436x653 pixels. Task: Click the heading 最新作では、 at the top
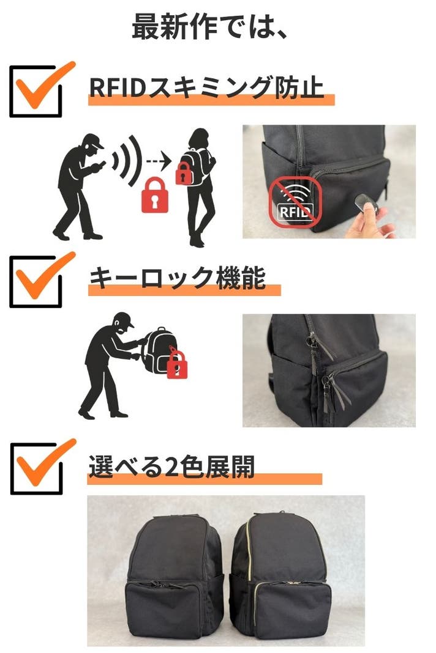[x=209, y=27]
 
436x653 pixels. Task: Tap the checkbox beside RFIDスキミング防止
[x=36, y=91]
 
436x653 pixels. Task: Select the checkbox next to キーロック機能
[x=36, y=282]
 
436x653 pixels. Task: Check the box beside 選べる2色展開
[x=37, y=468]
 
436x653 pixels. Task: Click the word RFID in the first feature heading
[x=117, y=87]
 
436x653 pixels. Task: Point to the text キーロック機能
[x=178, y=278]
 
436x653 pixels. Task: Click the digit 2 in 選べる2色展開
[x=171, y=467]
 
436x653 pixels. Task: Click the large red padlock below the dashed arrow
[x=155, y=195]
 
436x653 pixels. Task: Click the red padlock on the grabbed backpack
[x=177, y=363]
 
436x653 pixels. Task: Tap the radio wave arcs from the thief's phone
[x=127, y=160]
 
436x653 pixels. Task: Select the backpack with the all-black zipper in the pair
[x=175, y=579]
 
